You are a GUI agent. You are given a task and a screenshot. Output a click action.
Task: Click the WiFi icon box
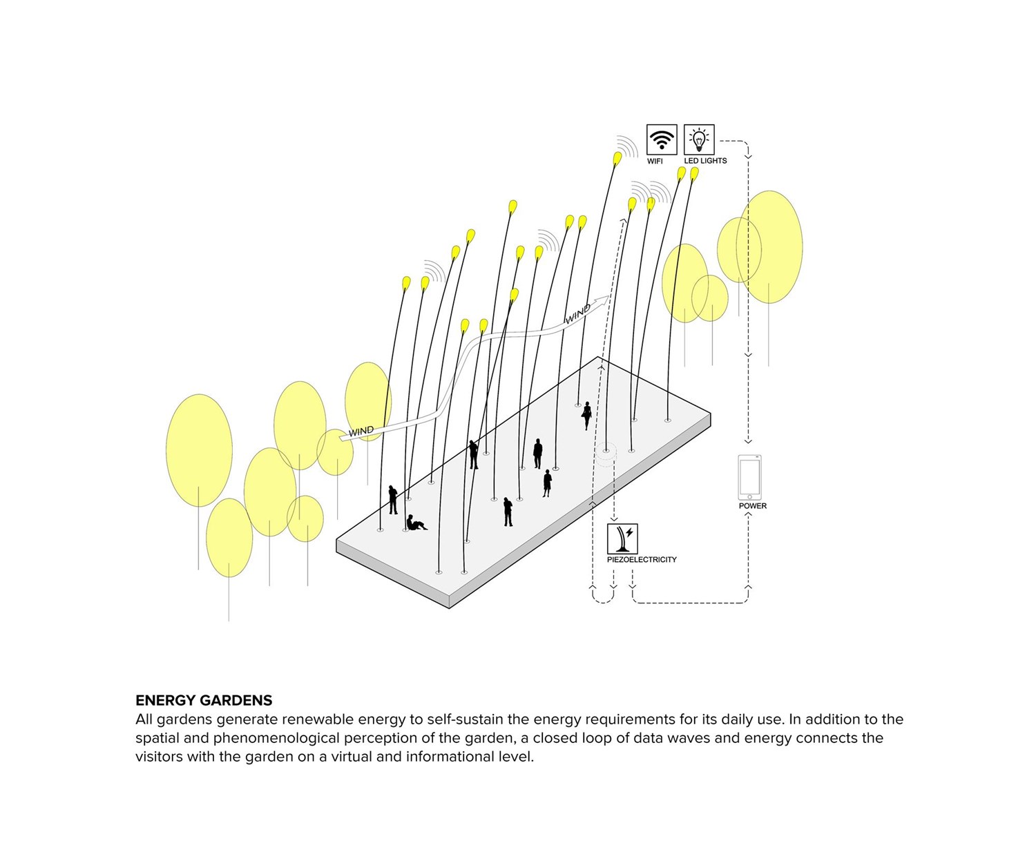click(661, 139)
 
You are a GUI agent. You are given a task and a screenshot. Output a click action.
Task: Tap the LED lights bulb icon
click(699, 139)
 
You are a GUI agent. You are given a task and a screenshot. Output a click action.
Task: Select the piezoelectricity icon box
click(622, 539)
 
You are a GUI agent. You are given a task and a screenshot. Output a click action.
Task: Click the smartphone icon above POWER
click(749, 477)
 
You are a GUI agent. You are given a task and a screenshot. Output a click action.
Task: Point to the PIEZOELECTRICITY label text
click(642, 560)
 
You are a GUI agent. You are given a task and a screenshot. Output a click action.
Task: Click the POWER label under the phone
click(752, 506)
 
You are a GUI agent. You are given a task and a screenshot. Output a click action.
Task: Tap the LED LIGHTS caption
click(705, 161)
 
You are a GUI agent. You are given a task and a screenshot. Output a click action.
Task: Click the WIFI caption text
click(655, 161)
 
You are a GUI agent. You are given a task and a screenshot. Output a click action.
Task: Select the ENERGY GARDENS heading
click(204, 700)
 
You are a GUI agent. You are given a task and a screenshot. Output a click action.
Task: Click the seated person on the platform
click(416, 524)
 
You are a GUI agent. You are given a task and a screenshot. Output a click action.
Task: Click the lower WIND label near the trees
click(361, 431)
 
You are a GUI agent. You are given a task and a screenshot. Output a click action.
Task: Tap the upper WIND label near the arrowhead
click(577, 315)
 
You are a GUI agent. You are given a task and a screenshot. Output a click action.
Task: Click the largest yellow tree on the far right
click(769, 247)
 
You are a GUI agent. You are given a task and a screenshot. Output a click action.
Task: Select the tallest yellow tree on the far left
click(199, 450)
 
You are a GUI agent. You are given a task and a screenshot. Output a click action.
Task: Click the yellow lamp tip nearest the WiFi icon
click(617, 159)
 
